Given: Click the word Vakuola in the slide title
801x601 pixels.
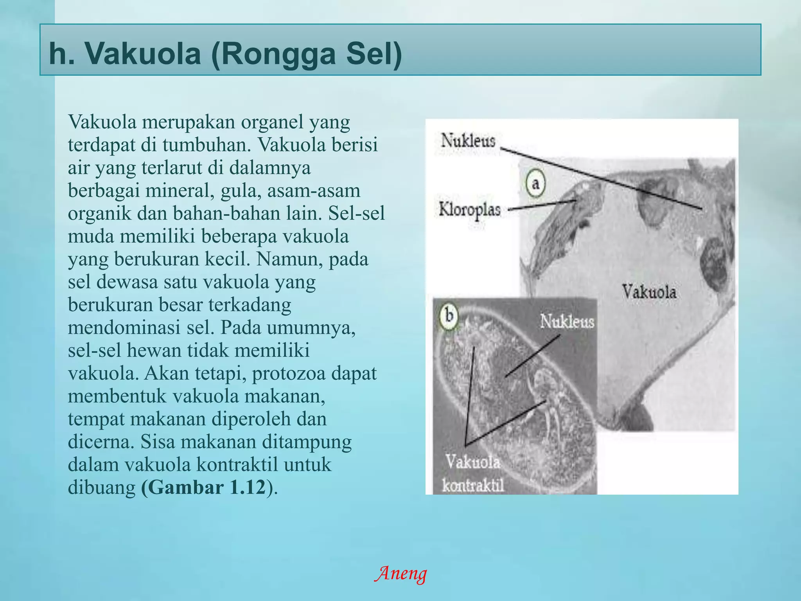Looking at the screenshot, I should (x=143, y=54).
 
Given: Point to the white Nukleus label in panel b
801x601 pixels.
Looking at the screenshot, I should (x=567, y=322).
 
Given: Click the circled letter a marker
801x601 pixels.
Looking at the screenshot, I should (x=536, y=183).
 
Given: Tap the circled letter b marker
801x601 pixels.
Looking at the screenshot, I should (x=449, y=315).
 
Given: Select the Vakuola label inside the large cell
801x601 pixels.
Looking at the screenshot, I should (x=649, y=292).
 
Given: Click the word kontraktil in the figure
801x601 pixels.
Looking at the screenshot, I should (x=473, y=486).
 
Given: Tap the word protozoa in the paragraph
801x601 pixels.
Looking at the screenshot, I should (x=288, y=373).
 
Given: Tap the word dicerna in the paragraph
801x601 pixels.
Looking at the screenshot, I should (x=101, y=442).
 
